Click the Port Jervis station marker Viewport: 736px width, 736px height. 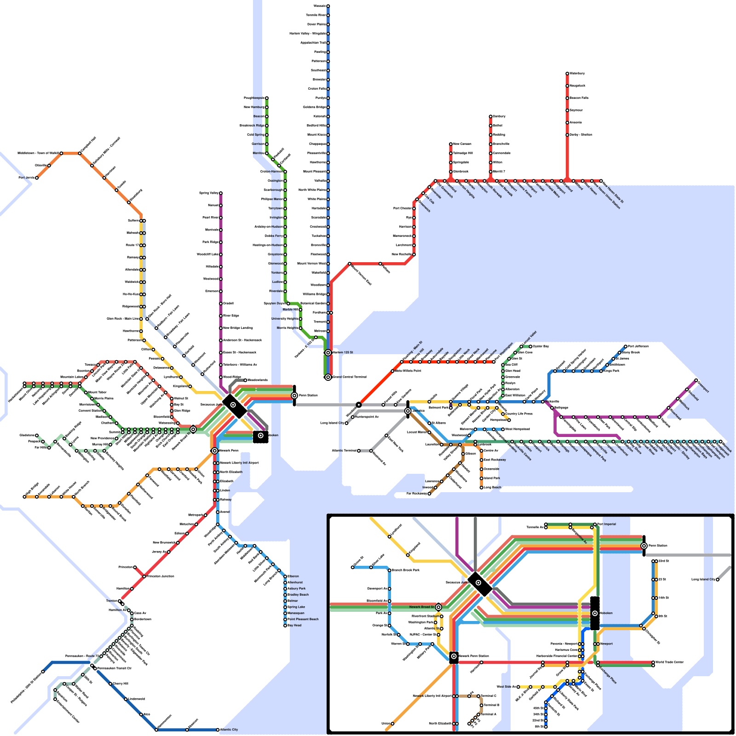[37, 178]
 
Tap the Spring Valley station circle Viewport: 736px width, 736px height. [221, 193]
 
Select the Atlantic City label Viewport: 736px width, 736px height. [230, 730]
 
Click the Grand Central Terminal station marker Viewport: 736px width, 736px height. [328, 377]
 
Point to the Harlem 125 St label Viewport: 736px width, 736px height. [343, 352]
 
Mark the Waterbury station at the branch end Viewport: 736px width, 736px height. [567, 74]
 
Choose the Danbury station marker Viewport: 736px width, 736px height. [490, 116]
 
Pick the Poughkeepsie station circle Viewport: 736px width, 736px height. [266, 98]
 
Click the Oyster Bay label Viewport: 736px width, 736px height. [541, 346]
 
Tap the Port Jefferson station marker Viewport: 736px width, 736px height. [626, 346]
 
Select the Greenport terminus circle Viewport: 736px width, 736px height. [696, 380]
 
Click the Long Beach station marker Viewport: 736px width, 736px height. [482, 487]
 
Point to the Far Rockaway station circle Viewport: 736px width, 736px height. [429, 494]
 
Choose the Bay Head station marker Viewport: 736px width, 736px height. [285, 625]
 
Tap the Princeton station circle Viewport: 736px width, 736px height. [135, 567]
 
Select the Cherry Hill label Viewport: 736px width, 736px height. [121, 684]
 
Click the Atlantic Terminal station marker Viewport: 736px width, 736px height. [359, 451]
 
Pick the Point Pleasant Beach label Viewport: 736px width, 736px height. [303, 619]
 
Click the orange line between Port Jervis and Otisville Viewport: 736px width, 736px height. [43, 172]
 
